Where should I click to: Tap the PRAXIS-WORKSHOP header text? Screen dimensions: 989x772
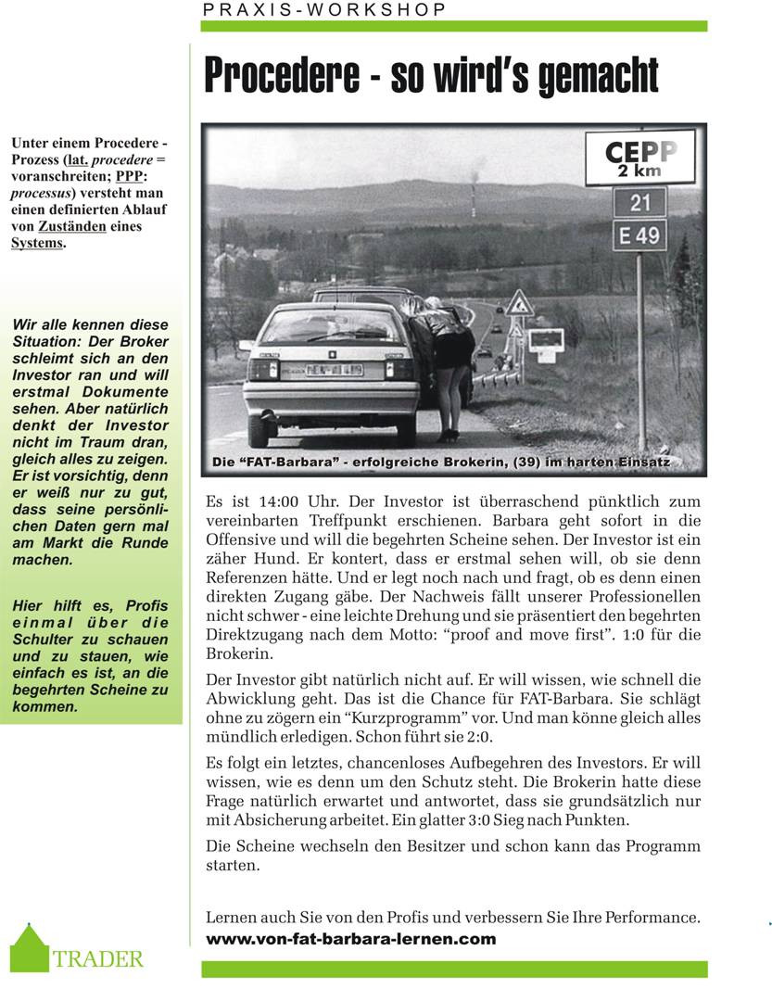coord(324,9)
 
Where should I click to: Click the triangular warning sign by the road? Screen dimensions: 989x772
coord(518,302)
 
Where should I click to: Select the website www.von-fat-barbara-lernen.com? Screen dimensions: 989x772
coord(350,939)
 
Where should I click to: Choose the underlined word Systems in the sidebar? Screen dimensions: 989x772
coord(37,243)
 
